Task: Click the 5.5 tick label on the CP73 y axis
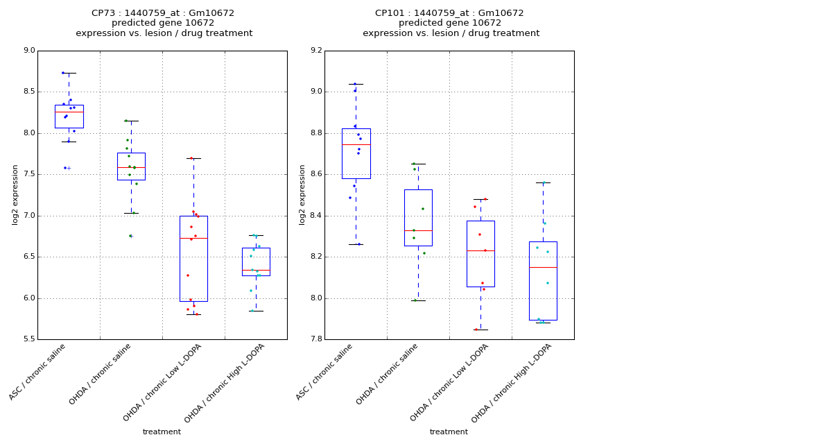28,339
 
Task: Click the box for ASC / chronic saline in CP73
69,117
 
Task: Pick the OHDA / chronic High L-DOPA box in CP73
256,262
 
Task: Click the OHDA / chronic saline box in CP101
418,217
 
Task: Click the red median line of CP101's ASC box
356,144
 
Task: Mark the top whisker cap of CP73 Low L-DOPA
193,158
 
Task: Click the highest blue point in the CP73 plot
63,73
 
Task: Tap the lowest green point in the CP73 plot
130,236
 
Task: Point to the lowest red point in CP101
476,330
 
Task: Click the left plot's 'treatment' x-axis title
162,432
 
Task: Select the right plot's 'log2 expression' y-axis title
302,194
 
